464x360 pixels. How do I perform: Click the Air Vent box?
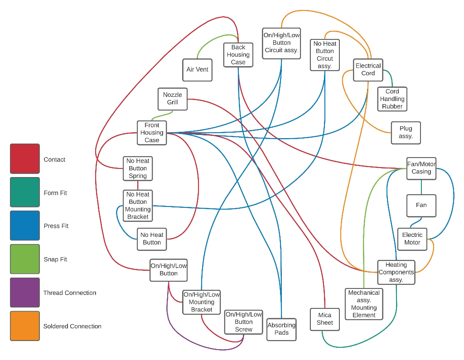click(x=197, y=70)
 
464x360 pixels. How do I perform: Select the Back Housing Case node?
click(x=238, y=55)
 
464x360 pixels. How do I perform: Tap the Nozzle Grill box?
click(x=172, y=99)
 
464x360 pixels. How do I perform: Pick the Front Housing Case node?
click(x=152, y=133)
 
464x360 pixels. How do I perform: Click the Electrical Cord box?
click(x=368, y=70)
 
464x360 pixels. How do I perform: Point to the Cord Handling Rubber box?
click(x=392, y=99)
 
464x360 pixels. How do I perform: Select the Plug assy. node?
click(x=406, y=133)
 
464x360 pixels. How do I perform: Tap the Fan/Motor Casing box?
click(x=421, y=168)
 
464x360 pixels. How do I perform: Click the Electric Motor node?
click(x=412, y=239)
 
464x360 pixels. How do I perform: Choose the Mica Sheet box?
click(x=324, y=319)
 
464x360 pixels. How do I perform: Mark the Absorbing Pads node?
click(x=281, y=329)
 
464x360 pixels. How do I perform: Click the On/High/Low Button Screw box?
click(x=243, y=322)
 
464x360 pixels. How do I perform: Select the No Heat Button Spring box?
click(x=137, y=168)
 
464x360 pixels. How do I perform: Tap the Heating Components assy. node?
click(x=396, y=272)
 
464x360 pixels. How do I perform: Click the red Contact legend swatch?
click(x=25, y=159)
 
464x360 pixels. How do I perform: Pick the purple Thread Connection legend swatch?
click(x=25, y=293)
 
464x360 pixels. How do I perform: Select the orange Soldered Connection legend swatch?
click(x=25, y=326)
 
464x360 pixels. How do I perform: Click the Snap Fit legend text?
click(x=55, y=259)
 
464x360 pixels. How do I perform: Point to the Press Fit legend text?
click(x=56, y=226)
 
